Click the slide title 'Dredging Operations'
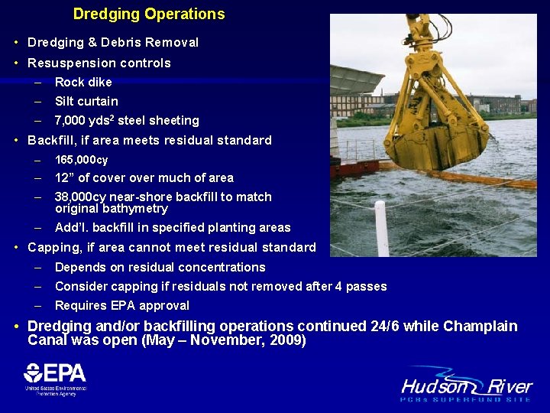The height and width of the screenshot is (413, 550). coord(149,14)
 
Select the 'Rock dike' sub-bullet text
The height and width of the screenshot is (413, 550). coord(83,82)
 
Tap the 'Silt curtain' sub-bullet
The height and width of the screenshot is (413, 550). coord(86,101)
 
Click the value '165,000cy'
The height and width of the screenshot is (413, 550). coord(82,160)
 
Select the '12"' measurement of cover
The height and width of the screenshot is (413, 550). coord(63,177)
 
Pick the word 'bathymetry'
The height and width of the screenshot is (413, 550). coord(137,208)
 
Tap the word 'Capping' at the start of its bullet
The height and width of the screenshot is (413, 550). coord(51,247)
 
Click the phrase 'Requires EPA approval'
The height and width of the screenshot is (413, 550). coord(122,305)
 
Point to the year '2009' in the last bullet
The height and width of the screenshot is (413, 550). coord(286,340)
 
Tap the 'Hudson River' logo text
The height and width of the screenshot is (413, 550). coord(467,385)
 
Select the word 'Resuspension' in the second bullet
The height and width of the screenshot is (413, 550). coord(65,63)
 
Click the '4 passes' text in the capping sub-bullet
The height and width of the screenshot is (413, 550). coord(364,286)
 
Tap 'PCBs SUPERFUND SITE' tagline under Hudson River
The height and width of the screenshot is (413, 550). coord(467,399)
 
